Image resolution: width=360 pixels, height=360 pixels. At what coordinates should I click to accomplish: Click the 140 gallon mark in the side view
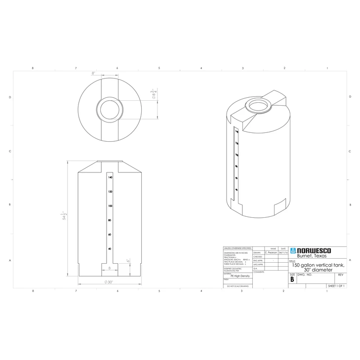tap(110, 177)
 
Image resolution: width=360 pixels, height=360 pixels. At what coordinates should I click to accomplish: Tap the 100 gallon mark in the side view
tap(110, 205)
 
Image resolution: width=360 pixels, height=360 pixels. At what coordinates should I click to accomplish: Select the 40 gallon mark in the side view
tap(110, 249)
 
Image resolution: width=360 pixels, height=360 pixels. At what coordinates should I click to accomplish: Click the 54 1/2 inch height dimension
tap(64, 217)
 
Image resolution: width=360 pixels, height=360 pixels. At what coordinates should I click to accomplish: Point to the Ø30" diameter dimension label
tap(109, 282)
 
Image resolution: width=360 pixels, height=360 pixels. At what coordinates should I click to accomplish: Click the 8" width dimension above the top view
tap(93, 73)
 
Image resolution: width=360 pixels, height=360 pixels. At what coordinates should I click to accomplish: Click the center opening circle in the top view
tap(109, 108)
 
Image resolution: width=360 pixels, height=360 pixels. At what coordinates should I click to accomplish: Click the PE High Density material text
tap(240, 276)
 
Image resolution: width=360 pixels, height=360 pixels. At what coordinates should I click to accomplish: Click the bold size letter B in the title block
tap(292, 280)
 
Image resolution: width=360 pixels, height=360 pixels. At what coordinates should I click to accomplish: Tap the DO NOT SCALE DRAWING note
tap(238, 286)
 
